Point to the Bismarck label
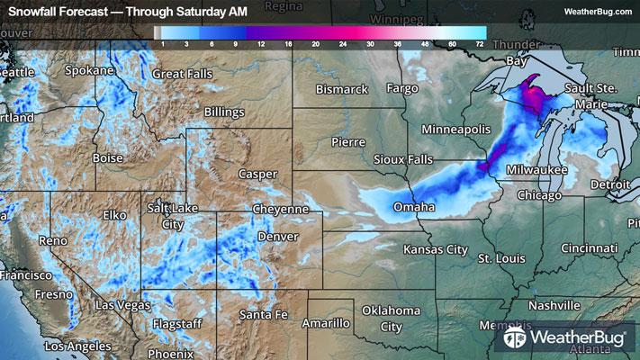coord(343,89)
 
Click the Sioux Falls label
coord(403,159)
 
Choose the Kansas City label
coord(436,247)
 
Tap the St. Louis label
coord(501,258)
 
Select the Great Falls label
coord(183,74)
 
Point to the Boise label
coord(108,157)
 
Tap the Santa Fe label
coord(264,314)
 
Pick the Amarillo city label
coord(325,322)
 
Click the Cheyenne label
coord(281,209)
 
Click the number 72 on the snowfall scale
coord(481,42)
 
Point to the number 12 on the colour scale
coord(259,42)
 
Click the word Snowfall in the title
coord(34,11)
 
